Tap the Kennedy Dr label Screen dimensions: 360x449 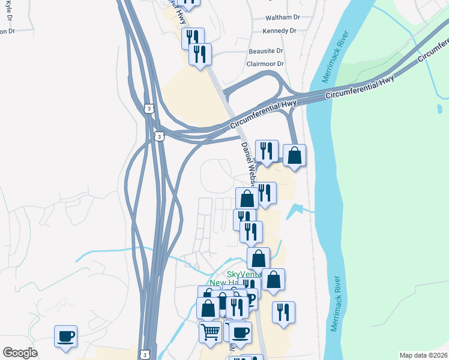280,31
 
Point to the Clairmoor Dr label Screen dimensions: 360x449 265,64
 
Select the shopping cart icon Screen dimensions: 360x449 210,331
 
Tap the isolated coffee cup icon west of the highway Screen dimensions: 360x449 65,335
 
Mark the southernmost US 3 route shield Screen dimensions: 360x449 144,353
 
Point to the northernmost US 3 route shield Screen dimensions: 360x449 148,108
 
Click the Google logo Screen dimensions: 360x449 20,353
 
